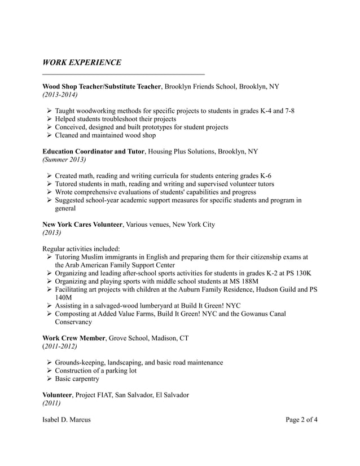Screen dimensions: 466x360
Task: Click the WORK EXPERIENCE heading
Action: click(82, 62)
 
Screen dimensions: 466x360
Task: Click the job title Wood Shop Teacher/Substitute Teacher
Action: click(102, 87)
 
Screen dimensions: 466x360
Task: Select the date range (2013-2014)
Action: click(60, 95)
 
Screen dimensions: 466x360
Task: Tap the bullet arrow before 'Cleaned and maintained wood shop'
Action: click(49, 135)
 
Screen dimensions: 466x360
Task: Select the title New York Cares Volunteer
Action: click(82, 225)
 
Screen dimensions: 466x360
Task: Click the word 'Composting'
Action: click(75, 314)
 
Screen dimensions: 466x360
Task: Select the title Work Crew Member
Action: click(74, 338)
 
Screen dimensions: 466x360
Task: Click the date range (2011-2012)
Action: click(60, 346)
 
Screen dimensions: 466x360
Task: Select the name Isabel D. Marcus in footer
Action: click(67, 420)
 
